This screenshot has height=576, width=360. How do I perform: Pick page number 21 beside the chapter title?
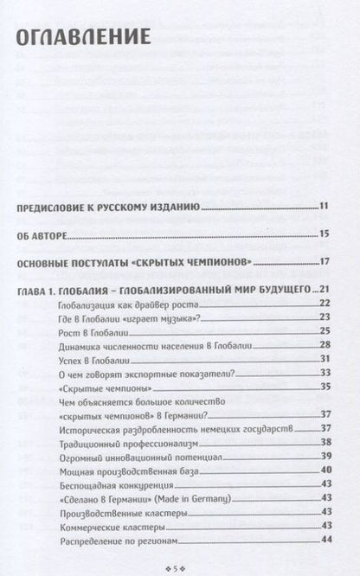tap(326, 289)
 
